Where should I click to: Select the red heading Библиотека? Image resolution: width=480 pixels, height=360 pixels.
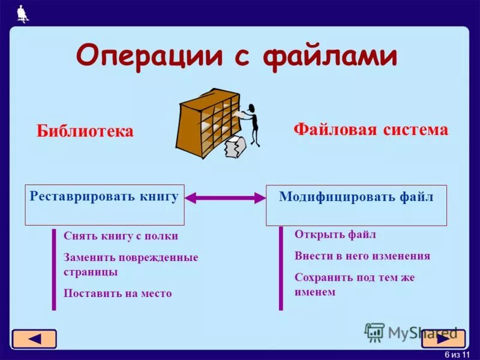click(85, 131)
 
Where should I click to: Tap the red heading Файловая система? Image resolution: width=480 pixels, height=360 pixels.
click(370, 130)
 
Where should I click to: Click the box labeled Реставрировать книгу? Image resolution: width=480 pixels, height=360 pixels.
click(104, 204)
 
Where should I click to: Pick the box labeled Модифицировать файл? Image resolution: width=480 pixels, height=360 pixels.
click(356, 205)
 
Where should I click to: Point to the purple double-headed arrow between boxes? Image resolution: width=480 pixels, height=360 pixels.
click(225, 197)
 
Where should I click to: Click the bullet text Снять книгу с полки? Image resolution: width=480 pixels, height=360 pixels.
click(121, 236)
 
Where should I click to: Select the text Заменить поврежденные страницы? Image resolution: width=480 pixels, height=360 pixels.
click(130, 264)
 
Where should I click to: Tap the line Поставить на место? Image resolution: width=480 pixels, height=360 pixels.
click(118, 293)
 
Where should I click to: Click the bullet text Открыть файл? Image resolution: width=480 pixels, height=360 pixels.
click(335, 234)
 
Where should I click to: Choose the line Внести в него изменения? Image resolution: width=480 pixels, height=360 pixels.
click(362, 256)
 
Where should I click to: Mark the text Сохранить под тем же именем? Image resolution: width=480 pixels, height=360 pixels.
click(354, 284)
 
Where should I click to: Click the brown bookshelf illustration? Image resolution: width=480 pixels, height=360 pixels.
click(207, 123)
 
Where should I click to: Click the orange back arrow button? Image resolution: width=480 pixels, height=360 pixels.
click(34, 339)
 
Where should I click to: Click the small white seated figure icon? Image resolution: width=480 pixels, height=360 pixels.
click(22, 13)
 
